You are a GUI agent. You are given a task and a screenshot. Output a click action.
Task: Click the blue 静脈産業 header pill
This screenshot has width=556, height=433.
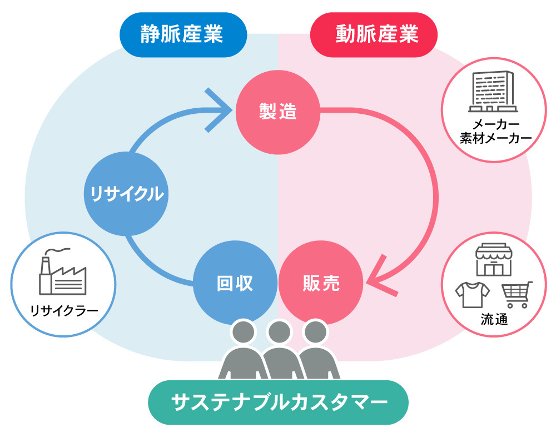(x=183, y=35)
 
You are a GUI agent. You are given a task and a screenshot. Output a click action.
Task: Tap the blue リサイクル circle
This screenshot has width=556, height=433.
(x=127, y=194)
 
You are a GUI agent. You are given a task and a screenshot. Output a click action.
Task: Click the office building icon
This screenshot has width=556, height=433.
(x=493, y=92)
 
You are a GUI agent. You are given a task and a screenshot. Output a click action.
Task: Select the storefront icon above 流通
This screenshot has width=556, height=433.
(x=493, y=259)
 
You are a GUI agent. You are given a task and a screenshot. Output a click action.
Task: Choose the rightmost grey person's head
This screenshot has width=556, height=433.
(x=314, y=332)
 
